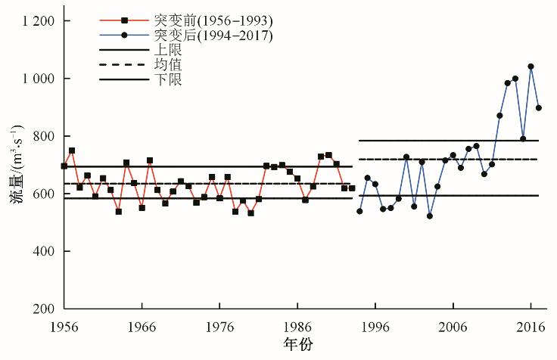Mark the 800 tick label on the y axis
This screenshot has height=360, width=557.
click(42, 136)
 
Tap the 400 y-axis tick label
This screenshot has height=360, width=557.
click(42, 251)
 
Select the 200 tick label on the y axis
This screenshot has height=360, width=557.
click(42, 309)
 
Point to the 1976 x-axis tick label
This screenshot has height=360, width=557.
click(219, 327)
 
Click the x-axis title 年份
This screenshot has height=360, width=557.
click(297, 344)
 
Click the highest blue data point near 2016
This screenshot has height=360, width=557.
click(531, 67)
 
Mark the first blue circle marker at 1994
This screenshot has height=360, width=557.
click(359, 211)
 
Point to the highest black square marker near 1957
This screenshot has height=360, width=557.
click(72, 151)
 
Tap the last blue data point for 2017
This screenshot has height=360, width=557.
click(538, 107)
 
